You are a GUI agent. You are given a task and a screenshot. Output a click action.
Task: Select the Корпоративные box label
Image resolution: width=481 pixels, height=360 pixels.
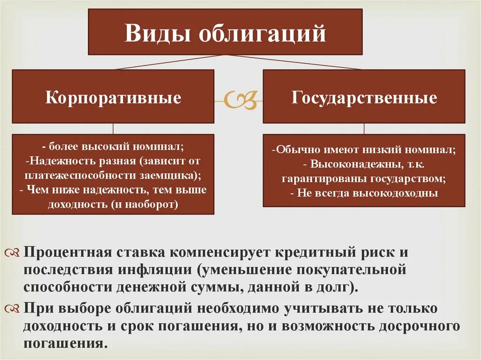113,98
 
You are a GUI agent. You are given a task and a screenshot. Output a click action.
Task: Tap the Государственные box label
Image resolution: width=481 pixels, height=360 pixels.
364,98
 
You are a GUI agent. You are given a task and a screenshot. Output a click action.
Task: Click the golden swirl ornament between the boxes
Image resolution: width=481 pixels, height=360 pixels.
239,99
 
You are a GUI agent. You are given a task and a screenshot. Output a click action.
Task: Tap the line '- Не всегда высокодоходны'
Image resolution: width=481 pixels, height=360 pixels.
364,193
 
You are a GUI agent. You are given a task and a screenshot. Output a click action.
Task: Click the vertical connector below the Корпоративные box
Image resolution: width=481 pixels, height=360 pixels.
113,129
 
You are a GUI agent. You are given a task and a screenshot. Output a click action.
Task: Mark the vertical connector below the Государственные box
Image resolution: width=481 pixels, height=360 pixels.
364,129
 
